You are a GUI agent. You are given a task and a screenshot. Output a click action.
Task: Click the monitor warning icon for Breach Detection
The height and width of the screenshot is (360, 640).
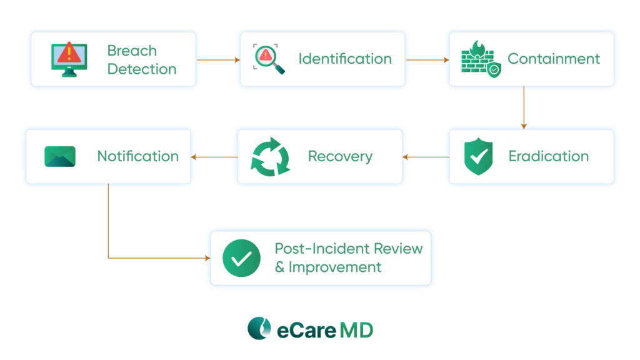[69, 59]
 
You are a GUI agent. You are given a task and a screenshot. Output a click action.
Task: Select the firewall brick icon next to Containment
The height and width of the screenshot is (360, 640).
[481, 59]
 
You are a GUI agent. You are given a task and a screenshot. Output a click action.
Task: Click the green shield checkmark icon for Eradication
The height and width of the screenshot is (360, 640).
[478, 156]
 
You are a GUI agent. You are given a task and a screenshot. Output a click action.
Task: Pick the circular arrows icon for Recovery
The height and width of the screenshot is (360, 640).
[270, 157]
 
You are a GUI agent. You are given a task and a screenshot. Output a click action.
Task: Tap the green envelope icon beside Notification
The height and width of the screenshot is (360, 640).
[60, 156]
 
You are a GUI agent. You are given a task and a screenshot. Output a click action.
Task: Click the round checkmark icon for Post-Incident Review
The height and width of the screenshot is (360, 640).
[241, 258]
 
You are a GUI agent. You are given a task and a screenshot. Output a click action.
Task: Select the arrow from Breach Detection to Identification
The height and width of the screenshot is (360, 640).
[218, 60]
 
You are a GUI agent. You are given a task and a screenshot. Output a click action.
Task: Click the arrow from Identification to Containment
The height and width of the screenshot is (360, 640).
[427, 60]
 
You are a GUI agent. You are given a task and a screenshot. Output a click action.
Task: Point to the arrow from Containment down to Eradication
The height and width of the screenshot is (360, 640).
[524, 107]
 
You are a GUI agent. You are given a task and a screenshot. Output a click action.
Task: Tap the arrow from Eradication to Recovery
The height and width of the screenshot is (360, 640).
[426, 157]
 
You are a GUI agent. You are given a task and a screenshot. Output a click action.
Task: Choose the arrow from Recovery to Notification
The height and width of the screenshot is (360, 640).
[214, 157]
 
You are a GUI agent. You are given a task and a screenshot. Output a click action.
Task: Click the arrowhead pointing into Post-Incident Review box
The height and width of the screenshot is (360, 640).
[207, 258]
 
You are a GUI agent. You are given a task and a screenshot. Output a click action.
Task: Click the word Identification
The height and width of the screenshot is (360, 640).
[345, 59]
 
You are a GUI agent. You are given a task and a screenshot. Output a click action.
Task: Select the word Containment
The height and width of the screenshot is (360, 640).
[554, 59]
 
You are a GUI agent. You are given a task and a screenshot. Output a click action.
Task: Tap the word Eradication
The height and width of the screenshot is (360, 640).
[549, 156]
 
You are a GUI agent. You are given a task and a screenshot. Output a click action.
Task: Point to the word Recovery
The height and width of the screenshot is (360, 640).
[340, 157]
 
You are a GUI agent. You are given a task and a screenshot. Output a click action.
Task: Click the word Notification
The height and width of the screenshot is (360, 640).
[138, 156]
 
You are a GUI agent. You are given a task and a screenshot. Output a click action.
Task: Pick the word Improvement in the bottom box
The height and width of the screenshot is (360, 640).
[335, 267]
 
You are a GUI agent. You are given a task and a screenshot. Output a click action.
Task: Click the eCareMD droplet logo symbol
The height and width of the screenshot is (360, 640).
[259, 328]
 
